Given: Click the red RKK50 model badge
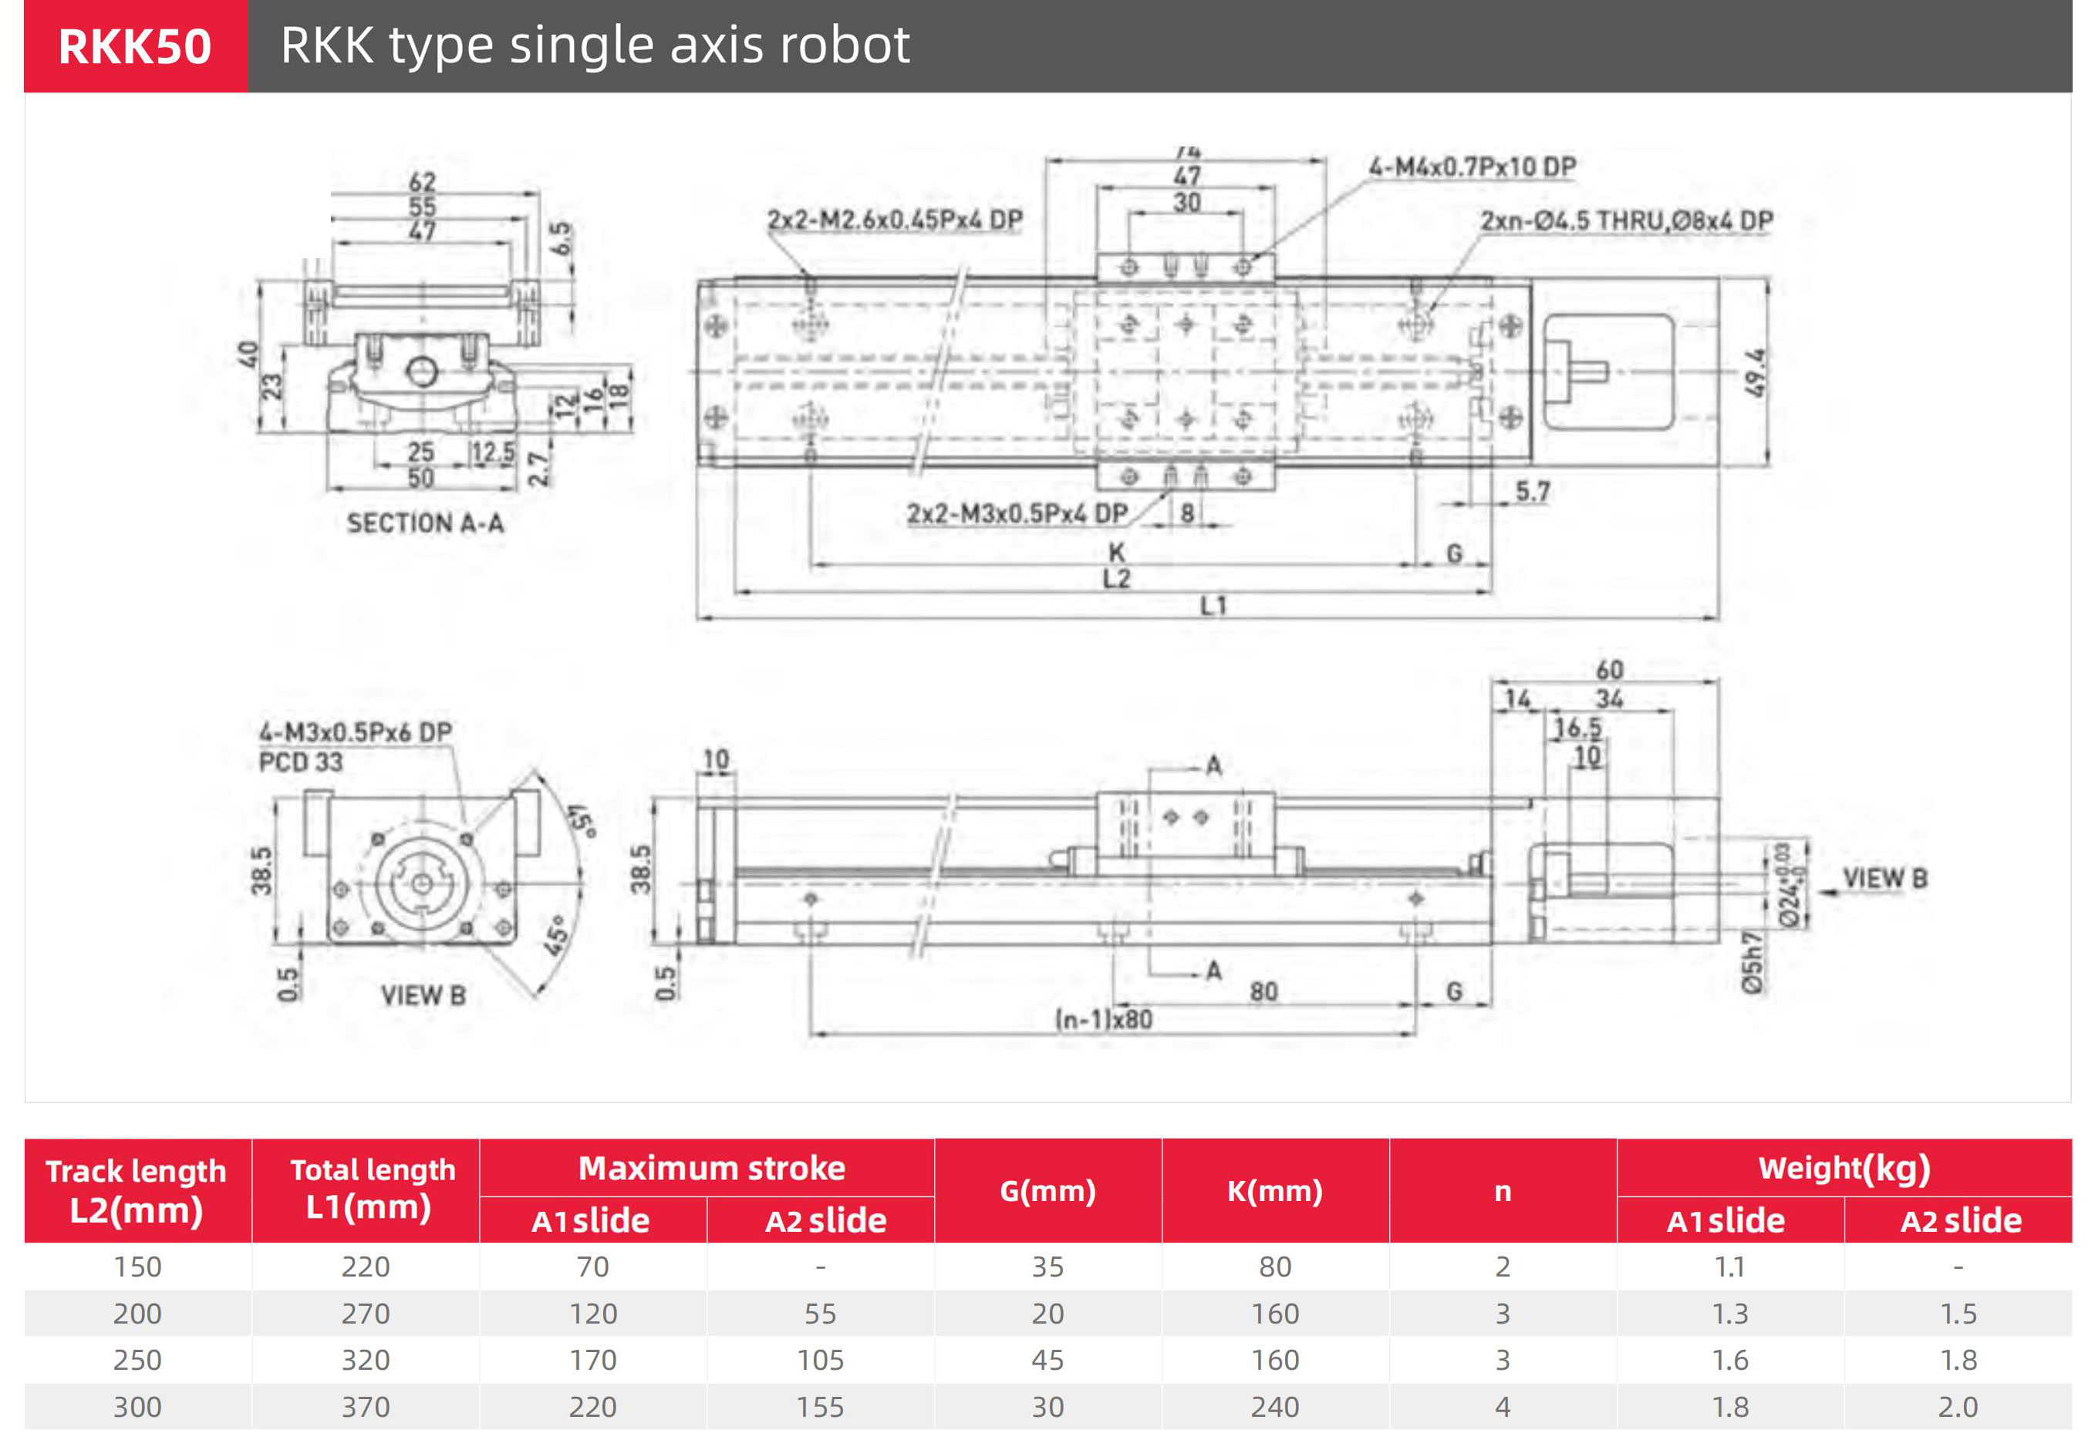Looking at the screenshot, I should click(x=136, y=46).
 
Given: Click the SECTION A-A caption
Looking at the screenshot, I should click(x=424, y=523).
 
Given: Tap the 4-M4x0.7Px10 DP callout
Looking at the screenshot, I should click(x=1473, y=167).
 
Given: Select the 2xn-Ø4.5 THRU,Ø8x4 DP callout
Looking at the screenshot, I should click(x=1626, y=220).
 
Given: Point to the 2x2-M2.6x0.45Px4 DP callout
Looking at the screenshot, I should click(x=894, y=220).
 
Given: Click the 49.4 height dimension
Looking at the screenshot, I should click(x=1755, y=372).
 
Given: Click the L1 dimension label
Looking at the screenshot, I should click(x=1213, y=605).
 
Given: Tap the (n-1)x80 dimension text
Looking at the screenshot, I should click(x=1103, y=1019).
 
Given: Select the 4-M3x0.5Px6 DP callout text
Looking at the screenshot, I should click(x=356, y=732).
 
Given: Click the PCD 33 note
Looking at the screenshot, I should click(x=301, y=762).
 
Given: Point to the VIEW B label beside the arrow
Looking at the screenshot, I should click(x=1884, y=879).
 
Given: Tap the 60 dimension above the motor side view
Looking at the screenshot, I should click(x=1609, y=671).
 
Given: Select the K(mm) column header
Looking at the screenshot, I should click(x=1274, y=1190).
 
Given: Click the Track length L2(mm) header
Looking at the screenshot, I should click(x=137, y=1190).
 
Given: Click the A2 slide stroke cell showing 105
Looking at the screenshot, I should click(x=820, y=1360).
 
